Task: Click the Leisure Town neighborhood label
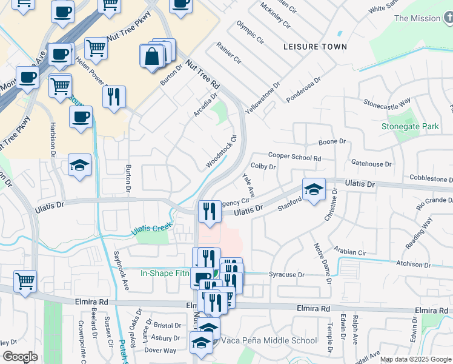tap(316, 47)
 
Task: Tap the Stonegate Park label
tap(409, 127)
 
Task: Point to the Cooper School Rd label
tap(294, 157)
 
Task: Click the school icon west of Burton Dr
tap(79, 165)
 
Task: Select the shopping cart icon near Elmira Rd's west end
tap(25, 280)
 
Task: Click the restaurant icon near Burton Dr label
tap(114, 96)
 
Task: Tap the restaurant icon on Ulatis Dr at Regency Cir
tap(209, 211)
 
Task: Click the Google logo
tap(21, 357)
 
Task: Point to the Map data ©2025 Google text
tap(415, 359)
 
